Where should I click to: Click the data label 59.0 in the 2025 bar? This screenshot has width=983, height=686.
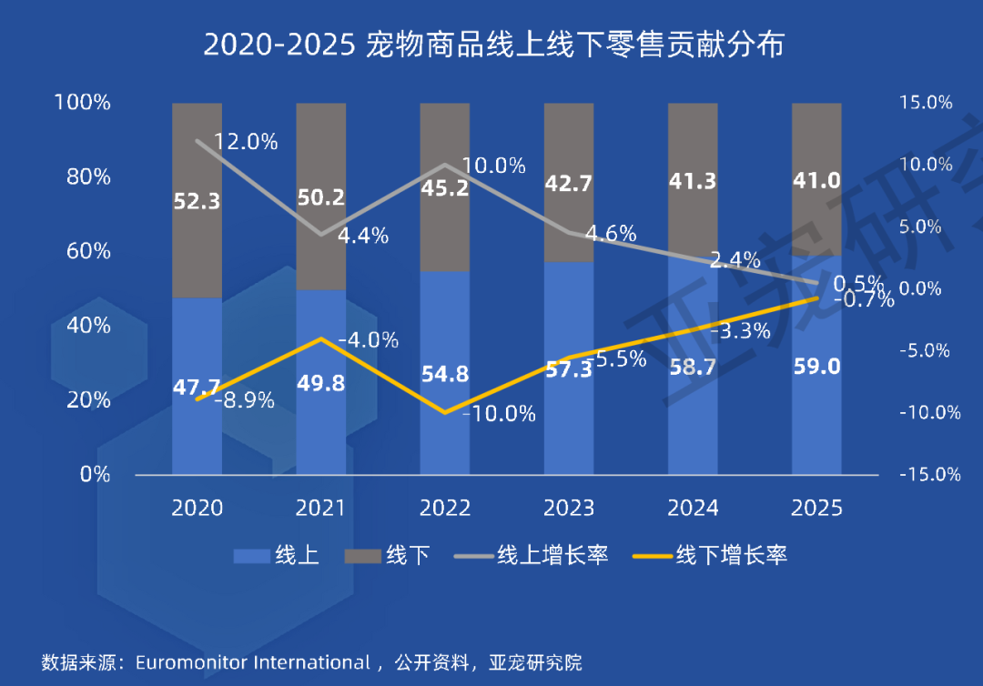pyautogui.click(x=816, y=367)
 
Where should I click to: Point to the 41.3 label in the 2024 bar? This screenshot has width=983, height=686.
pyautogui.click(x=693, y=181)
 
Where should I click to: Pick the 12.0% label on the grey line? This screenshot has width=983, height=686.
pyautogui.click(x=246, y=142)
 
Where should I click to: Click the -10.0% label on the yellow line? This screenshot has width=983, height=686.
pyautogui.click(x=500, y=414)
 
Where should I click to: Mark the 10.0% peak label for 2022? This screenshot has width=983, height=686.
pyautogui.click(x=494, y=166)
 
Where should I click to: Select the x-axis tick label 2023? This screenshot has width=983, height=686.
pyautogui.click(x=569, y=508)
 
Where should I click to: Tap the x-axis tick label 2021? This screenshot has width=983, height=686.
pyautogui.click(x=321, y=508)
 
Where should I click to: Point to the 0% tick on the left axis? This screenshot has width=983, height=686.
pyautogui.click(x=96, y=474)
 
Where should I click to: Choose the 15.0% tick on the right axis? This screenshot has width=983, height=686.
pyautogui.click(x=925, y=103)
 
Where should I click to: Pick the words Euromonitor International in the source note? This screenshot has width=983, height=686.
pyautogui.click(x=252, y=661)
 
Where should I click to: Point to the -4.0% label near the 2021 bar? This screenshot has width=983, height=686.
pyautogui.click(x=368, y=340)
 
